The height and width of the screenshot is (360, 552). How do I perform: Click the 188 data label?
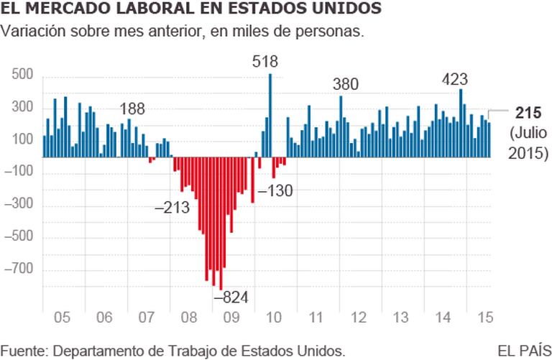pyautogui.click(x=132, y=109)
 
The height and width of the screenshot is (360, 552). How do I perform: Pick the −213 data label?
pyautogui.click(x=172, y=208)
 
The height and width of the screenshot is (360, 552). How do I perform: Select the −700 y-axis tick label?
pyautogui.click(x=20, y=270)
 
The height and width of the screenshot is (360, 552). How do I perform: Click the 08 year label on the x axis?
pyautogui.click(x=188, y=316)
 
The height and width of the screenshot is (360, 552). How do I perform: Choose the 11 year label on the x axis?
pyautogui.click(x=315, y=316)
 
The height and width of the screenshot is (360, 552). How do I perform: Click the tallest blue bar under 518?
pyautogui.click(x=270, y=115)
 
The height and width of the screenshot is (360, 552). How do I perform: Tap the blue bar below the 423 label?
pyautogui.click(x=461, y=122)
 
